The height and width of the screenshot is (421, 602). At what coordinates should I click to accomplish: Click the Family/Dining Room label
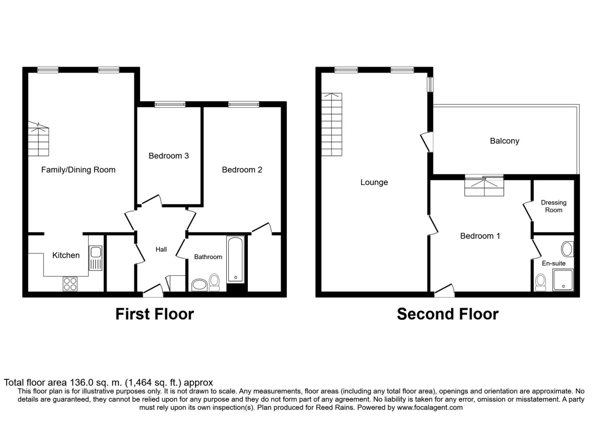click(78, 170)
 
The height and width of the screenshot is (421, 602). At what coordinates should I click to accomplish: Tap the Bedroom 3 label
click(169, 156)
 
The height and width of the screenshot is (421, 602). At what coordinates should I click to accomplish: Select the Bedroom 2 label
click(242, 170)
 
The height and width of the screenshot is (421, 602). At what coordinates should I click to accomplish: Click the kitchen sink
click(95, 258)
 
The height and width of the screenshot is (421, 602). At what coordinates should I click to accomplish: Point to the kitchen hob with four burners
click(70, 284)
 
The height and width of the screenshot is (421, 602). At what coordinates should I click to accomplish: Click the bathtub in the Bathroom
click(235, 260)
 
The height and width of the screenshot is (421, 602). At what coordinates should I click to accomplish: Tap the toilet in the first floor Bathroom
click(214, 282)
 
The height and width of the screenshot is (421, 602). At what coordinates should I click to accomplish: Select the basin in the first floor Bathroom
click(198, 286)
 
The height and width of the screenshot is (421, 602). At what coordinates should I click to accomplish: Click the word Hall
click(161, 250)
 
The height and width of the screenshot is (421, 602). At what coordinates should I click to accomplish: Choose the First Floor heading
click(155, 314)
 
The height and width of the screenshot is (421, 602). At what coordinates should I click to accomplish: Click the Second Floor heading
click(447, 314)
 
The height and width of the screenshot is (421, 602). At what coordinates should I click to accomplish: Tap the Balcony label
click(504, 141)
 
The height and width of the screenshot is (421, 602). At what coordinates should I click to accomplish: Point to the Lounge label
click(374, 182)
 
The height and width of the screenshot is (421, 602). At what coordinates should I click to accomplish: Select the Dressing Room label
click(554, 206)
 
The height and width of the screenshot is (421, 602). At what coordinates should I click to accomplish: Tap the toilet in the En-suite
click(540, 282)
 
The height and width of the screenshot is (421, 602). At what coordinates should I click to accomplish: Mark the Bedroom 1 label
click(480, 236)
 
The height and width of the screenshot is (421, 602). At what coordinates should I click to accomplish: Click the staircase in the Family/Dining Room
click(39, 139)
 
